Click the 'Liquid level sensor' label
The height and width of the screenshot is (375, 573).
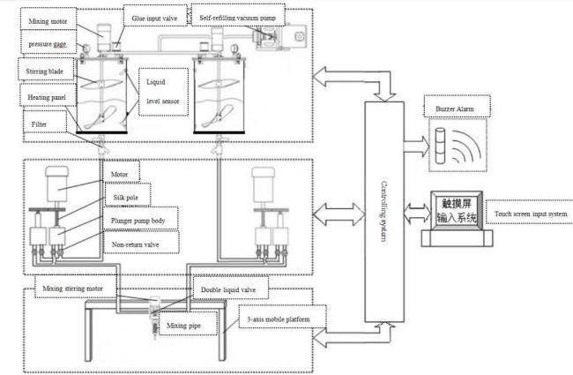click(160, 93)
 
